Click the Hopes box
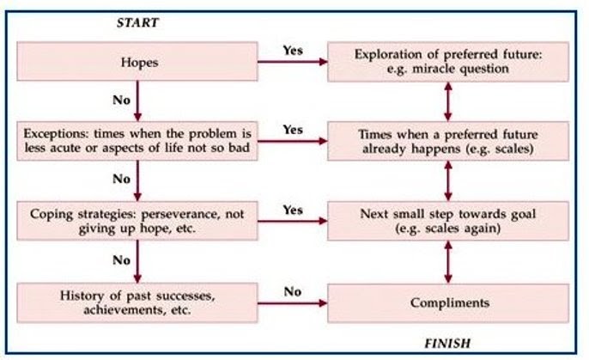click(137, 61)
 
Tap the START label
click(137, 23)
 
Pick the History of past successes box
click(137, 302)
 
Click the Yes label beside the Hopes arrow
click(293, 49)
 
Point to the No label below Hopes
click(121, 100)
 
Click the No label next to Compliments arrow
click(293, 291)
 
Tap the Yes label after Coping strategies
click(293, 210)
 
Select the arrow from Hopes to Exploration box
click(292, 62)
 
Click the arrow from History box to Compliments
click(292, 303)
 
